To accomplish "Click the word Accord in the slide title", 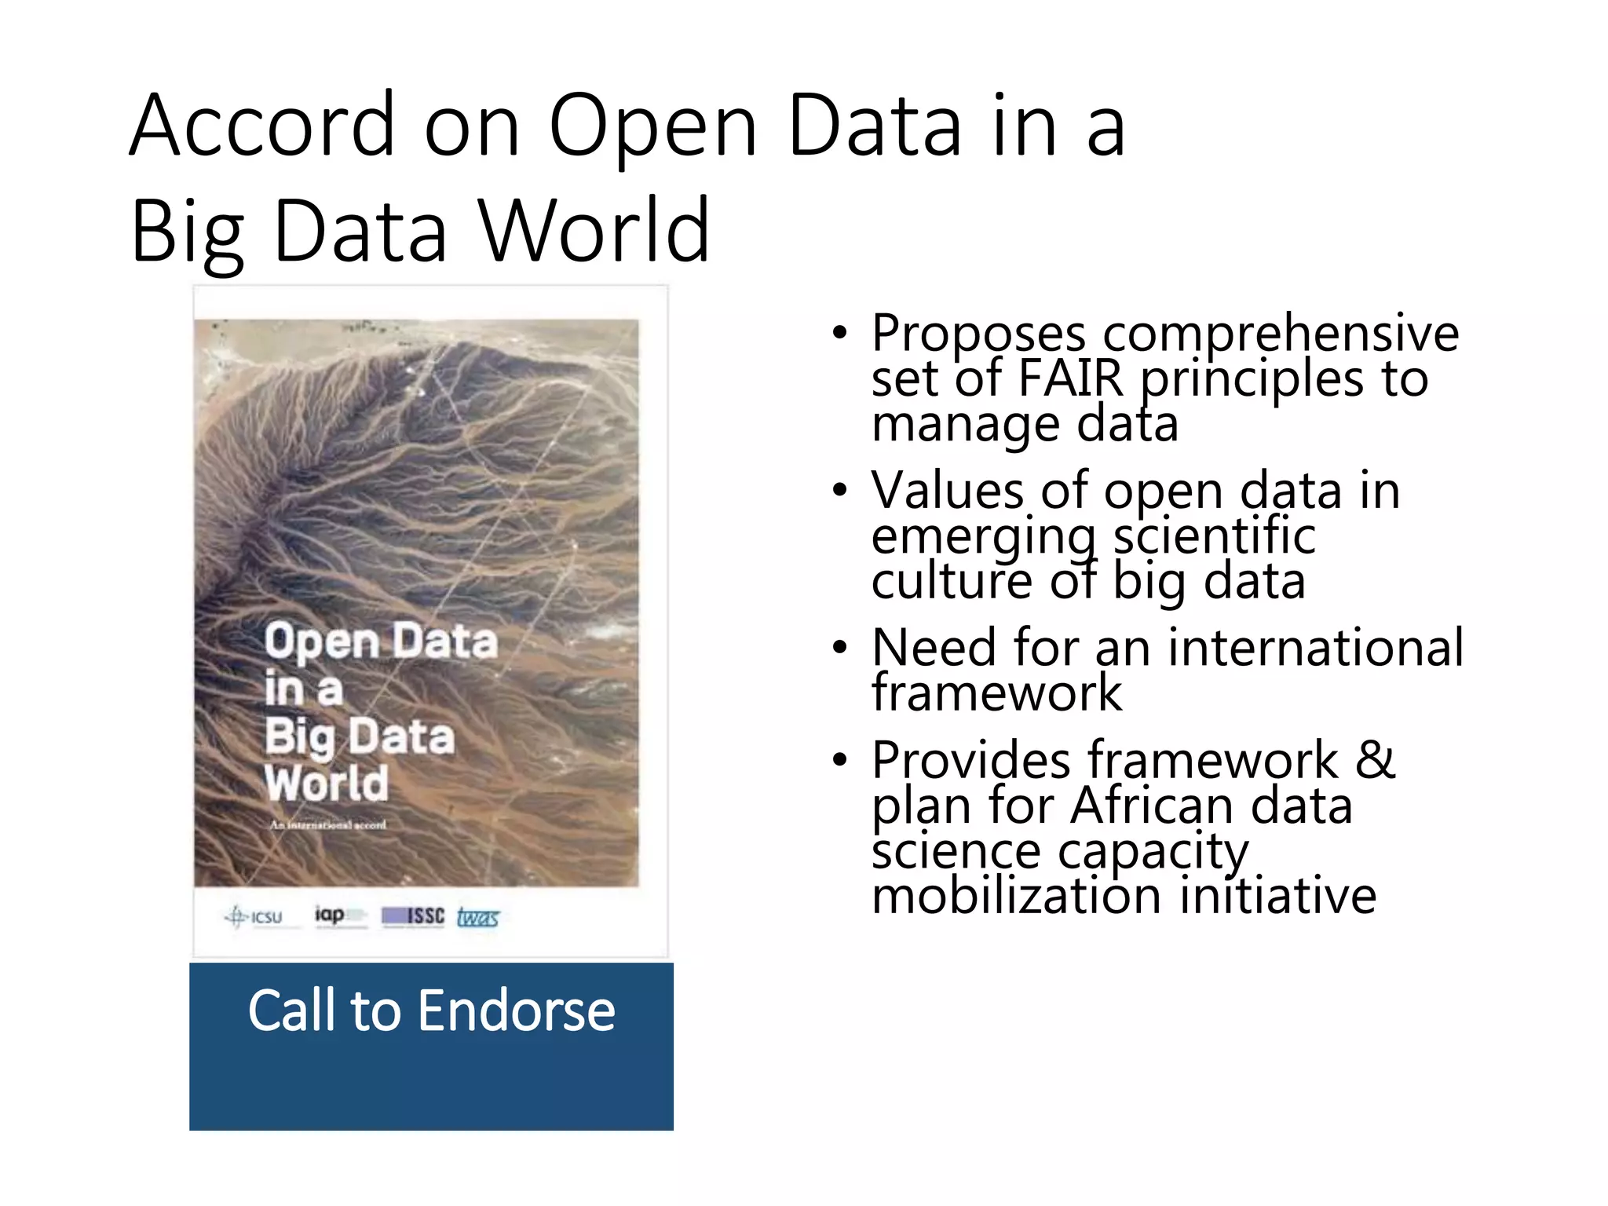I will coord(262,126).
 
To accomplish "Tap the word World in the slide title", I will coord(594,231).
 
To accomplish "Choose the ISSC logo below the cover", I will coord(413,916).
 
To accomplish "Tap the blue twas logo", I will coord(477,917).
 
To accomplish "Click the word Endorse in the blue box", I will coord(516,1010).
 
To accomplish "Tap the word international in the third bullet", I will coord(1315,648).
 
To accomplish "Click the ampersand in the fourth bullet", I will coord(1375,760).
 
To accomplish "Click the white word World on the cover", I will coord(327,783).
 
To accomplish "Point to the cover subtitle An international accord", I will coord(328,825).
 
